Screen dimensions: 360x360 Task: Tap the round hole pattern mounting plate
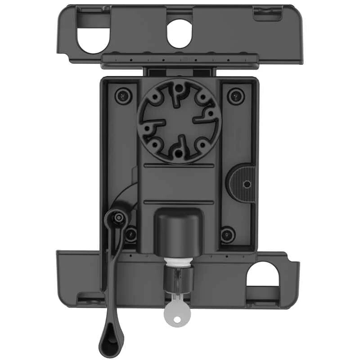point(179,121)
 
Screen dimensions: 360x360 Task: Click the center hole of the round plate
point(179,121)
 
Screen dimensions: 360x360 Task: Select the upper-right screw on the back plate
point(234,95)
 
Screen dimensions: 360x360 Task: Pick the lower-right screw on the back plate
point(228,234)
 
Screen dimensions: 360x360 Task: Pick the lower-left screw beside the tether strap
point(131,234)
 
